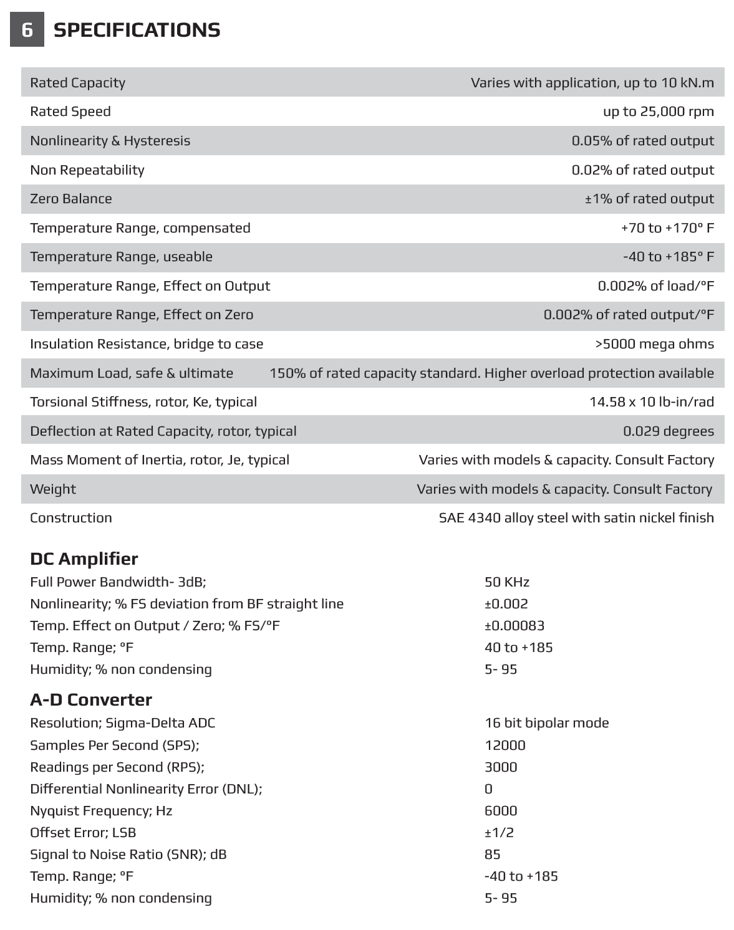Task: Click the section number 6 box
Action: [27, 30]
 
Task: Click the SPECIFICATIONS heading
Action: [137, 30]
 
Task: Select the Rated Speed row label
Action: [70, 112]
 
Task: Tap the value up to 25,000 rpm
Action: [658, 112]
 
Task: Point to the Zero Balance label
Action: [71, 199]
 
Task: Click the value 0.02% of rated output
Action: [642, 170]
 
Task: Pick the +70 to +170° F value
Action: [667, 228]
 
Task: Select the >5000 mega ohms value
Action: [654, 344]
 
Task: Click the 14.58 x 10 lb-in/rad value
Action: [652, 402]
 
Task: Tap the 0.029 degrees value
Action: [669, 431]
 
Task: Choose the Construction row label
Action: [71, 518]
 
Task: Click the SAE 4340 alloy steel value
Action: [576, 518]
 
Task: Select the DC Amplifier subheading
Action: [84, 559]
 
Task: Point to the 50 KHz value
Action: [507, 582]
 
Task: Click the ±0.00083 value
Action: [514, 626]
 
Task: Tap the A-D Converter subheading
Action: [91, 700]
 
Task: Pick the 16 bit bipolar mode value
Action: [546, 723]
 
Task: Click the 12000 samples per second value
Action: [505, 745]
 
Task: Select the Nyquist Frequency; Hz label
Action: [101, 811]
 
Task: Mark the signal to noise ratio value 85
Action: [493, 855]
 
